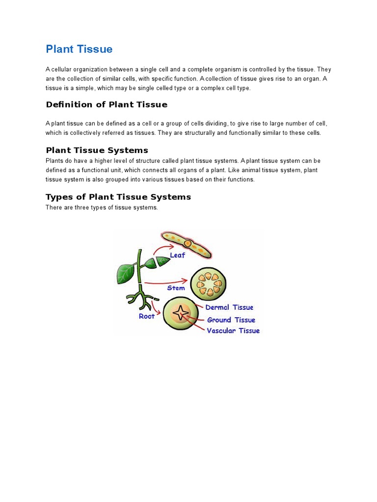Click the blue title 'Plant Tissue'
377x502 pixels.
pyautogui.click(x=79, y=49)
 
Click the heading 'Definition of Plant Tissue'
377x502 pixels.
pyautogui.click(x=107, y=104)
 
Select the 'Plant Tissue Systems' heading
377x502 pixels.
pyautogui.click(x=97, y=150)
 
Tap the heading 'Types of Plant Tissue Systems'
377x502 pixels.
pyautogui.click(x=118, y=197)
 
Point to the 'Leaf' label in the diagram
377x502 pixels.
pyautogui.click(x=177, y=255)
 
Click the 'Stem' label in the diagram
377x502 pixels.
pyautogui.click(x=176, y=288)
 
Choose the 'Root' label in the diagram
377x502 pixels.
pyautogui.click(x=147, y=316)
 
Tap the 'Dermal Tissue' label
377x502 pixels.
pyautogui.click(x=229, y=307)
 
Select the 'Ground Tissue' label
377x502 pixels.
pyautogui.click(x=231, y=320)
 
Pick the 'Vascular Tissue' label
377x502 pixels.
pyautogui.click(x=233, y=330)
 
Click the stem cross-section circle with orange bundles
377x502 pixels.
pyautogui.click(x=208, y=284)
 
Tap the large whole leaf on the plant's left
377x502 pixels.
pyautogui.click(x=126, y=271)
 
